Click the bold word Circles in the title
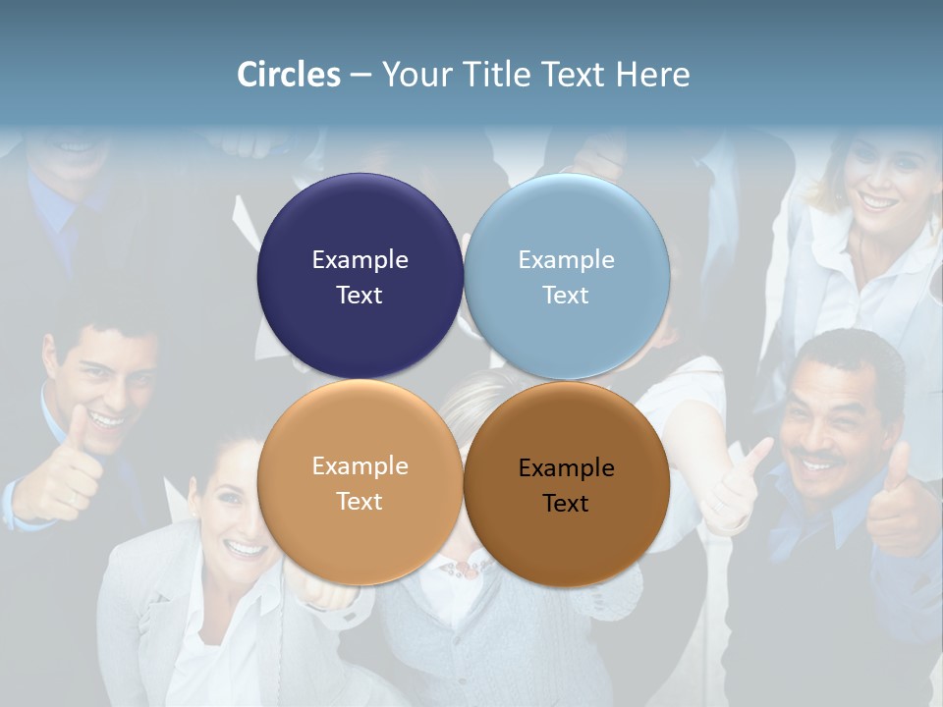[x=289, y=75]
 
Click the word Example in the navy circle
[x=360, y=259]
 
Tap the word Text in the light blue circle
[x=566, y=295]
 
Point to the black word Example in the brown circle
[x=566, y=467]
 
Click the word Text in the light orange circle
[x=360, y=501]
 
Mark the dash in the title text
[x=361, y=75]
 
